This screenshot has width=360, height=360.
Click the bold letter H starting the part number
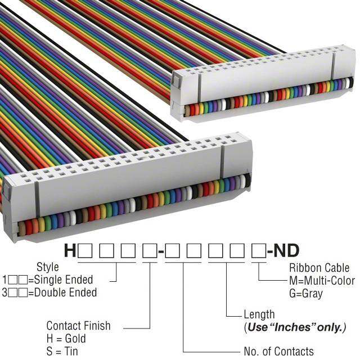click(x=70, y=251)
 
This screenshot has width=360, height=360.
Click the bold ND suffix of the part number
click(x=286, y=251)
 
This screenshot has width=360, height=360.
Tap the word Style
click(x=47, y=267)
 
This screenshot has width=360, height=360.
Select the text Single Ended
click(x=64, y=280)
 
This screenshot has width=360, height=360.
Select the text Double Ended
click(x=65, y=292)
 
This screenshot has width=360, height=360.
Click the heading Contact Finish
click(x=78, y=326)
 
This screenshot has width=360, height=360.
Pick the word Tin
click(x=71, y=351)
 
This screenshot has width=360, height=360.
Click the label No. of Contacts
click(x=279, y=351)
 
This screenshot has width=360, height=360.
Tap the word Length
click(x=259, y=315)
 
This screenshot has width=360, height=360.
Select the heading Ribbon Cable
click(x=319, y=268)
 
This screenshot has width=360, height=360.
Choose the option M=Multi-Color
click(x=322, y=281)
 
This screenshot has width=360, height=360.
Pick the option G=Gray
click(x=306, y=294)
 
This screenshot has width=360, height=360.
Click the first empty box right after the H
click(x=85, y=251)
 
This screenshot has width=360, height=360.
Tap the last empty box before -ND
click(x=259, y=251)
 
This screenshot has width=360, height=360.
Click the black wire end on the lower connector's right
click(x=247, y=180)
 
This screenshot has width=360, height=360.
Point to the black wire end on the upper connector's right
click(x=350, y=83)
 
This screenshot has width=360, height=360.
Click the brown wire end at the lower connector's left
click(x=22, y=228)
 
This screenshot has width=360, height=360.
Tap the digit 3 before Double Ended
click(x=4, y=292)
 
